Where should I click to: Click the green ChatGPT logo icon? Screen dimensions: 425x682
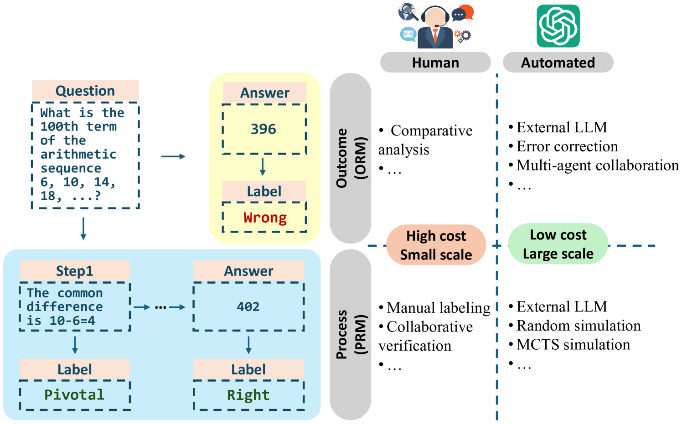[x=558, y=26]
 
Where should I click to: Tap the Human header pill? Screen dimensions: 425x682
[x=435, y=62]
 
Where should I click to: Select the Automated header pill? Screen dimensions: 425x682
[x=558, y=62]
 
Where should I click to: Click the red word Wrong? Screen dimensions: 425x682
[x=265, y=218]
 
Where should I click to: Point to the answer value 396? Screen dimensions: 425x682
[x=263, y=129]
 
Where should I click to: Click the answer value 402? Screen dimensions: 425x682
[x=248, y=306]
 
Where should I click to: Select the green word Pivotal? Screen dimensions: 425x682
[x=74, y=394]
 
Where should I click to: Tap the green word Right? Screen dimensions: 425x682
[x=248, y=394]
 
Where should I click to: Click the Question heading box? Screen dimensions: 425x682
[x=85, y=91]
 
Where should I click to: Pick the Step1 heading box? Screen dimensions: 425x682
[x=74, y=271]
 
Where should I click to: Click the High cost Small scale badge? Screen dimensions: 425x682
[x=436, y=245]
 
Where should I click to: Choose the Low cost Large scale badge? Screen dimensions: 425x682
[x=558, y=244]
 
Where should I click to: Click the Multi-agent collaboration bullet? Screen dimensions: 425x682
[x=597, y=165]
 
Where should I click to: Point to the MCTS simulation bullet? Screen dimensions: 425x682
[x=573, y=344]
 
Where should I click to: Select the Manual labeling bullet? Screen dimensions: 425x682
[x=438, y=308]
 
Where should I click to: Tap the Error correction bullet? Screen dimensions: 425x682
[x=567, y=146]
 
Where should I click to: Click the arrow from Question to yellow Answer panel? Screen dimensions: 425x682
[x=173, y=156]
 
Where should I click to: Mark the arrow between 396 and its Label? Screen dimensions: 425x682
[x=263, y=167]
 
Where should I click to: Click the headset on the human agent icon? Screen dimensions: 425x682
[x=435, y=16]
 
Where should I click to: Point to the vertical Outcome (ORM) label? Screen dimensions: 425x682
[x=351, y=158]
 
